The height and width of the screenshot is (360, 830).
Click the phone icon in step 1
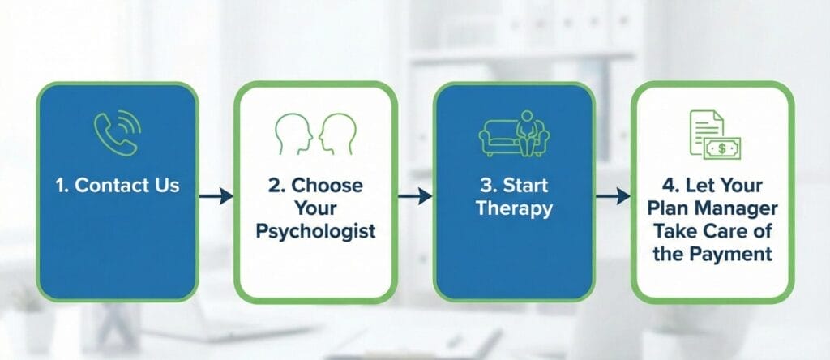(117, 131)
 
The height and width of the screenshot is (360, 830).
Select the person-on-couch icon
(514, 135)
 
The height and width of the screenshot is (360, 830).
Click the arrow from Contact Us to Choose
(216, 195)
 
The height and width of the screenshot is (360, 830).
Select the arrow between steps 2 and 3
(414, 195)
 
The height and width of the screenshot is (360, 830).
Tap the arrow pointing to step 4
(613, 195)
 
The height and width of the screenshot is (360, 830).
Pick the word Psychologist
(316, 231)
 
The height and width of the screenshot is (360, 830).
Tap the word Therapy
(514, 208)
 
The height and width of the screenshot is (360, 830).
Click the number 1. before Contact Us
(62, 185)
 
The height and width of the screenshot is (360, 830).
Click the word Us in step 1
(165, 185)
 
